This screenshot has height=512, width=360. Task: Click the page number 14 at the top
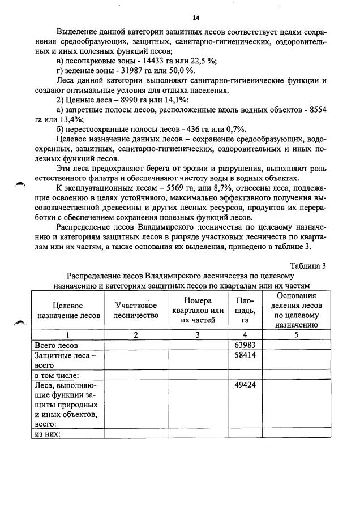coord(180,17)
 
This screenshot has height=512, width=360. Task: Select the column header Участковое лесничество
coord(136,310)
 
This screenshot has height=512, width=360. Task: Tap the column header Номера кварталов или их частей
coord(197,310)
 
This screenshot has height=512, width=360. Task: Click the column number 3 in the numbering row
coord(197,334)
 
